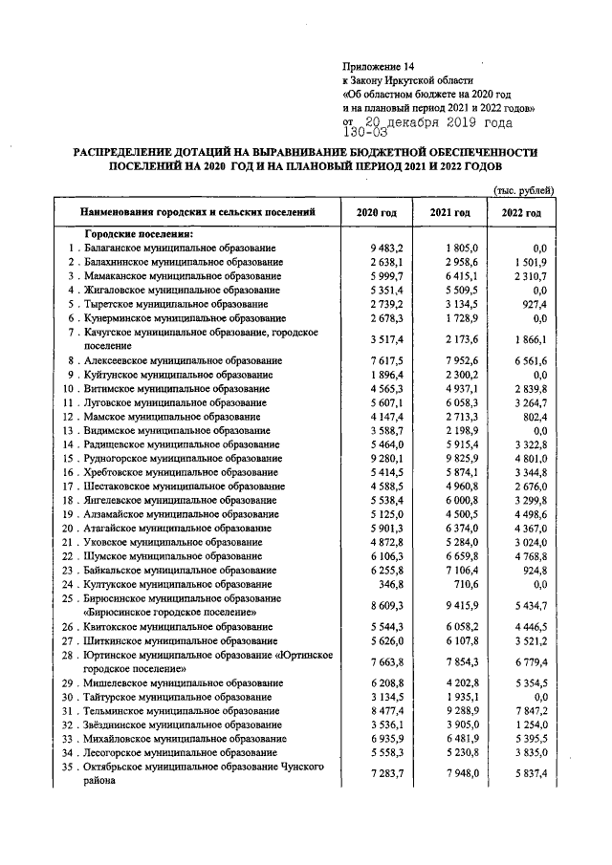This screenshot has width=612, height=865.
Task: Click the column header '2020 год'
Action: coord(376,212)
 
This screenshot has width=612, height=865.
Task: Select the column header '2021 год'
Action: coord(449,212)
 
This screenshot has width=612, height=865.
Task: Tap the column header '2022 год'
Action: coord(521,212)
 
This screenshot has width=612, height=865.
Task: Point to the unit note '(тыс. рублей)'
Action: coord(524,189)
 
